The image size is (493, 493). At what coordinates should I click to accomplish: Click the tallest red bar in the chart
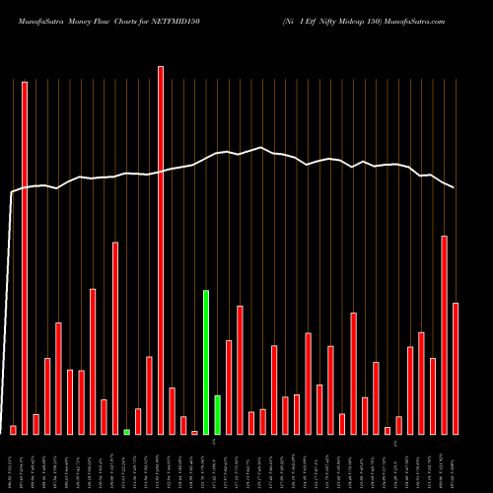pyautogui.click(x=161, y=249)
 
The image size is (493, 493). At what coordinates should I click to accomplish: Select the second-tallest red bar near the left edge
pyautogui.click(x=25, y=257)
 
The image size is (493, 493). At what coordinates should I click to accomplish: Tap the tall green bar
pyautogui.click(x=206, y=362)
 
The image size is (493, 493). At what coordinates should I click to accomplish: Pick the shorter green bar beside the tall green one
pyautogui.click(x=217, y=414)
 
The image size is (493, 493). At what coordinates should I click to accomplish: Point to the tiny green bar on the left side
pyautogui.click(x=126, y=432)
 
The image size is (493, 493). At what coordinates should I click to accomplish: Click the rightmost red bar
pyautogui.click(x=456, y=368)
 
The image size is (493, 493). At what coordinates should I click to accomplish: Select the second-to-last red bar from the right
pyautogui.click(x=444, y=334)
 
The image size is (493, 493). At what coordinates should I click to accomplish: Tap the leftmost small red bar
pyautogui.click(x=13, y=429)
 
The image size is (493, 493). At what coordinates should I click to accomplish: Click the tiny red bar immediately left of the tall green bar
pyautogui.click(x=194, y=432)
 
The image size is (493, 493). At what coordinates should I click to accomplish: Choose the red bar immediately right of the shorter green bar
pyautogui.click(x=229, y=387)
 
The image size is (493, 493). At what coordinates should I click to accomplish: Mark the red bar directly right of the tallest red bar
pyautogui.click(x=172, y=410)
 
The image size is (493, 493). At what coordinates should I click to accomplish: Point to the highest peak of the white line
pyautogui.click(x=261, y=148)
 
